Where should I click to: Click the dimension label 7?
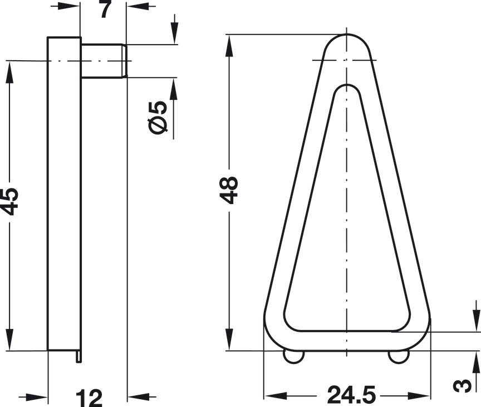point(105,9)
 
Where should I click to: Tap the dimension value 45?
point(9,201)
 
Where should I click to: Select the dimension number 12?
point(89,398)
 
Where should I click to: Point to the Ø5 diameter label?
point(158,118)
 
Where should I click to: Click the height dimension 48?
point(229,190)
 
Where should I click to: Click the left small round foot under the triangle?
point(293,357)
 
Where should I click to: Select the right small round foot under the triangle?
point(399,357)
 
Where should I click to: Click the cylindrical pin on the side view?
point(104,61)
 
